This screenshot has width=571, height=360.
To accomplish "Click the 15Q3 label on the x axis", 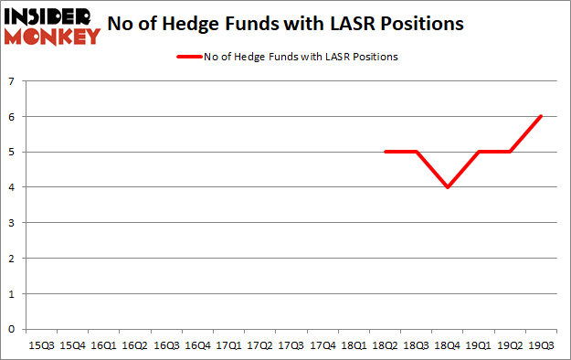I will coord(42,345).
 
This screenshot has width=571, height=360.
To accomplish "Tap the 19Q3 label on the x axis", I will coord(541,345).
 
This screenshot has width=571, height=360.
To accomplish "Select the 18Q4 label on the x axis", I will coord(448,345).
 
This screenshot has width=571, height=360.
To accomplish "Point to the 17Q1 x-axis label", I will coord(228,345).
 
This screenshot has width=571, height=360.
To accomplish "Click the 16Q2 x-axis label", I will coord(135,345).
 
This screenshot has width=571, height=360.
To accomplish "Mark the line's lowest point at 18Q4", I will coord(448,187).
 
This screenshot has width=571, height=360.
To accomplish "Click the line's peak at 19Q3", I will coord(541,116).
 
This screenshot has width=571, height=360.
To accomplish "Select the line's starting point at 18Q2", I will coord(386,152).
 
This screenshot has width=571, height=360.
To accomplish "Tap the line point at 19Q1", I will coord(479,152).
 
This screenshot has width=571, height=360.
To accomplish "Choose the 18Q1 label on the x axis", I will coord(354,345).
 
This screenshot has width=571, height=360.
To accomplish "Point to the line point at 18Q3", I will coord(417,152).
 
